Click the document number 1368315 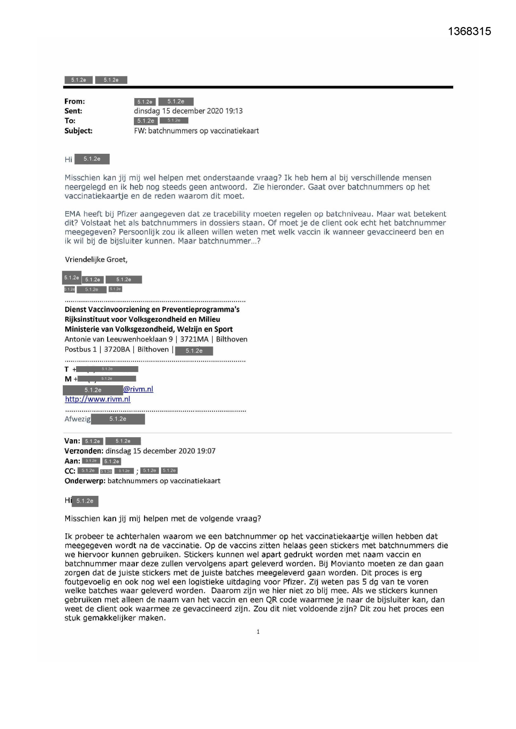tap(469, 31)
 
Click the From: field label tap(74, 101)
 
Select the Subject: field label tap(78, 131)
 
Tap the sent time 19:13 tap(234, 111)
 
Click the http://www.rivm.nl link tap(98, 399)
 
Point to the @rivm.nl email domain tap(138, 389)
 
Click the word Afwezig tap(77, 419)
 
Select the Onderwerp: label tap(85, 481)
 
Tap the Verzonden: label tap(84, 451)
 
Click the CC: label tap(70, 471)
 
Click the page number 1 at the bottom tap(258, 632)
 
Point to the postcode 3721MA tap(194, 339)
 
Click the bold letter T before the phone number tap(67, 369)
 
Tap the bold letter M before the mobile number tap(68, 379)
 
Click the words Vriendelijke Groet tap(96, 260)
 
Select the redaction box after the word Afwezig tap(118, 419)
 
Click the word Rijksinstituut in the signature tap(88, 319)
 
